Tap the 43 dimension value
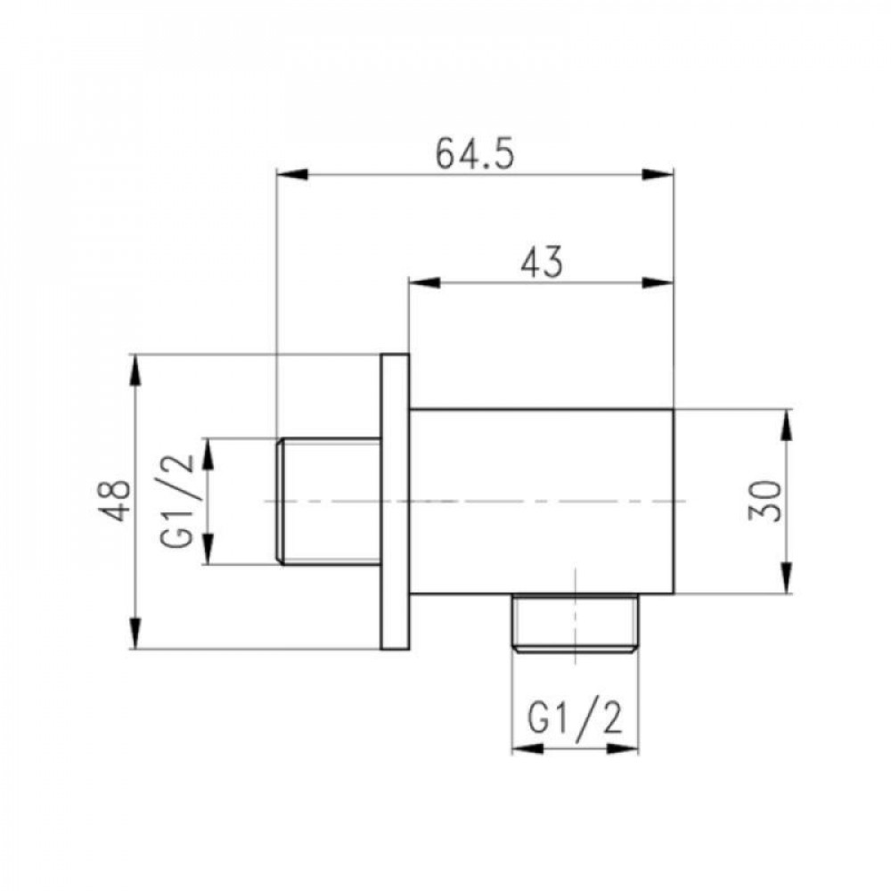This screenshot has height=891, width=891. click(540, 263)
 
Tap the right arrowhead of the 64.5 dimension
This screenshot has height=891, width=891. click(660, 176)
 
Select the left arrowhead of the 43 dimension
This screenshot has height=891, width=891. click(423, 283)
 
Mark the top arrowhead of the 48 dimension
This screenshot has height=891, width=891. click(135, 370)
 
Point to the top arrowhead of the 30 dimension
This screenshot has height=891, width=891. click(788, 423)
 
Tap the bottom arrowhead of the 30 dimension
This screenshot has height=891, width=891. click(788, 579)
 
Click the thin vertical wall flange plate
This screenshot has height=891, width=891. click(396, 502)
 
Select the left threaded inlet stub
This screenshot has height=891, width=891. click(329, 502)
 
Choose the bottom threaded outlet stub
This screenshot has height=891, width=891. click(576, 623)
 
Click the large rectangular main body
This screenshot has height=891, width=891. click(541, 502)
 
